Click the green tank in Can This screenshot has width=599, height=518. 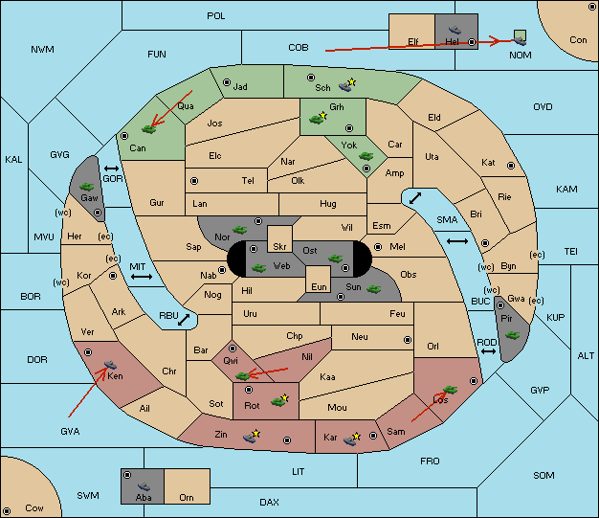pos(148,129)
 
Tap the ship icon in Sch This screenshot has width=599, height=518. pos(345,87)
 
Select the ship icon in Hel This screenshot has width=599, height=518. pos(455,30)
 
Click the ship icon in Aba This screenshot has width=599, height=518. pos(144,486)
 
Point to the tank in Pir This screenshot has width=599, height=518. pos(512,335)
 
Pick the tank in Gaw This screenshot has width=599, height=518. pos(87,187)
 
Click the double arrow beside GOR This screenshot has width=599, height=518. pos(111,169)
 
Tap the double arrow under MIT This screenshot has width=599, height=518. pos(142,277)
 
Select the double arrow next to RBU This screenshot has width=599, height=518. pos(184,320)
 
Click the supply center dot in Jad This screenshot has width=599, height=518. pos(227,82)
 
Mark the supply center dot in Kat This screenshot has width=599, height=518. pos(511,166)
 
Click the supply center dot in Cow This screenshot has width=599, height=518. pos(7,510)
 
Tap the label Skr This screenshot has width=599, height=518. pos(279,247)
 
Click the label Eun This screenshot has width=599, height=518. pos(319,286)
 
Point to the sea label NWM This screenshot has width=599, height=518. pos(42,50)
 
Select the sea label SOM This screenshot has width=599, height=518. pos(544,475)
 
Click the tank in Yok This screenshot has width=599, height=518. pos(366,156)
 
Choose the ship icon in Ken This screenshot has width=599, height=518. pos(110,364)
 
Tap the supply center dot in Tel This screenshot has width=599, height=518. pos(194,181)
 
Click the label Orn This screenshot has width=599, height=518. pos(187,497)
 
